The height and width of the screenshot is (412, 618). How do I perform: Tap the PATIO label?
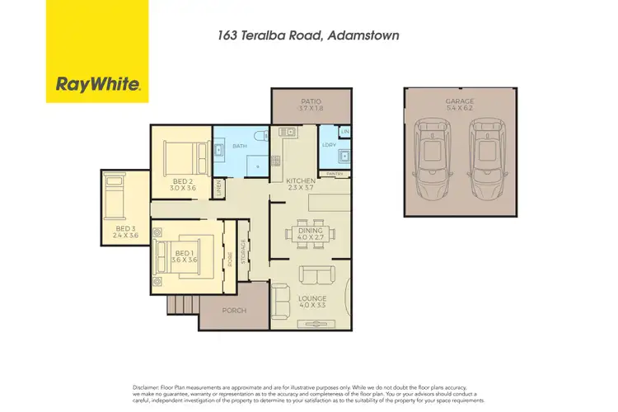(310, 104)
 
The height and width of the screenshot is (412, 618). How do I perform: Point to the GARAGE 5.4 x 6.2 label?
(460, 105)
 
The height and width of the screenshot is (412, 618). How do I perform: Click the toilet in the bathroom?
(260, 137)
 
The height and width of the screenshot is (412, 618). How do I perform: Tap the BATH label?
(239, 147)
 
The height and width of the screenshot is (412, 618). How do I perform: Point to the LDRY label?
(326, 147)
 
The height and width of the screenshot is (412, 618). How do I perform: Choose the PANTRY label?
(335, 174)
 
